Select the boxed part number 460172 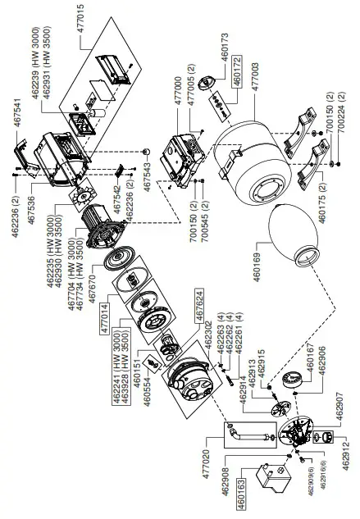237,71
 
